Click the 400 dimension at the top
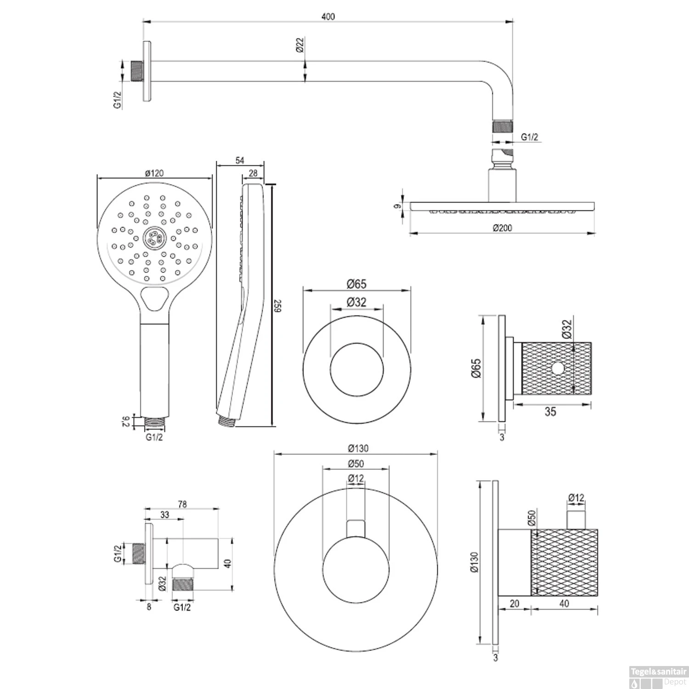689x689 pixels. [328, 17]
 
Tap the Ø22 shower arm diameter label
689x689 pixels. [299, 45]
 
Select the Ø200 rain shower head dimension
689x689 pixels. [502, 228]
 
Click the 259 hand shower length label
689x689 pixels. [277, 306]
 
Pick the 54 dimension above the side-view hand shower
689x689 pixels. [240, 160]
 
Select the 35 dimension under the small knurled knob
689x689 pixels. [550, 412]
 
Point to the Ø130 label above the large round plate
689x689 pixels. [358, 448]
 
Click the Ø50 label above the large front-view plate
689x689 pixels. [356, 463]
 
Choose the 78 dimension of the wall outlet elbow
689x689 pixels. [182, 504]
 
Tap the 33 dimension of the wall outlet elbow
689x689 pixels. [164, 515]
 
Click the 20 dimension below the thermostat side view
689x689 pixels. [514, 604]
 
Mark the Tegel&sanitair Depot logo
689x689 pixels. [658, 677]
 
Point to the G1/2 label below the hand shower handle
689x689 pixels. [154, 437]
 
